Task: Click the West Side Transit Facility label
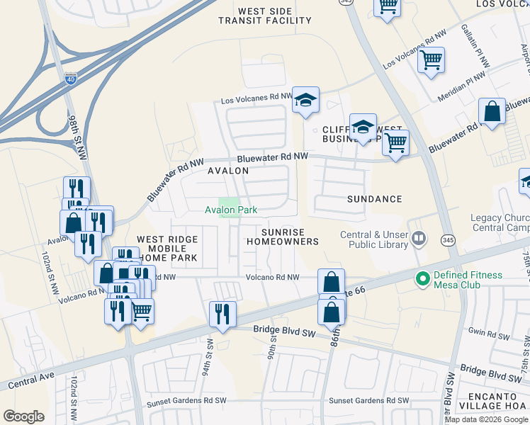[x=274, y=16]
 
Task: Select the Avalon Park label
[x=230, y=210]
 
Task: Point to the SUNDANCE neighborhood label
[x=374, y=200]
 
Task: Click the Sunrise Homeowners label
[x=282, y=237]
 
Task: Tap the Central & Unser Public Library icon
[x=419, y=239]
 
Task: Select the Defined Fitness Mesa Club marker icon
[x=423, y=279]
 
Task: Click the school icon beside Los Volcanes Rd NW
[x=306, y=100]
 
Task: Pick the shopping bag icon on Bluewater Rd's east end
[x=492, y=112]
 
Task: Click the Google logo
[x=23, y=416]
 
